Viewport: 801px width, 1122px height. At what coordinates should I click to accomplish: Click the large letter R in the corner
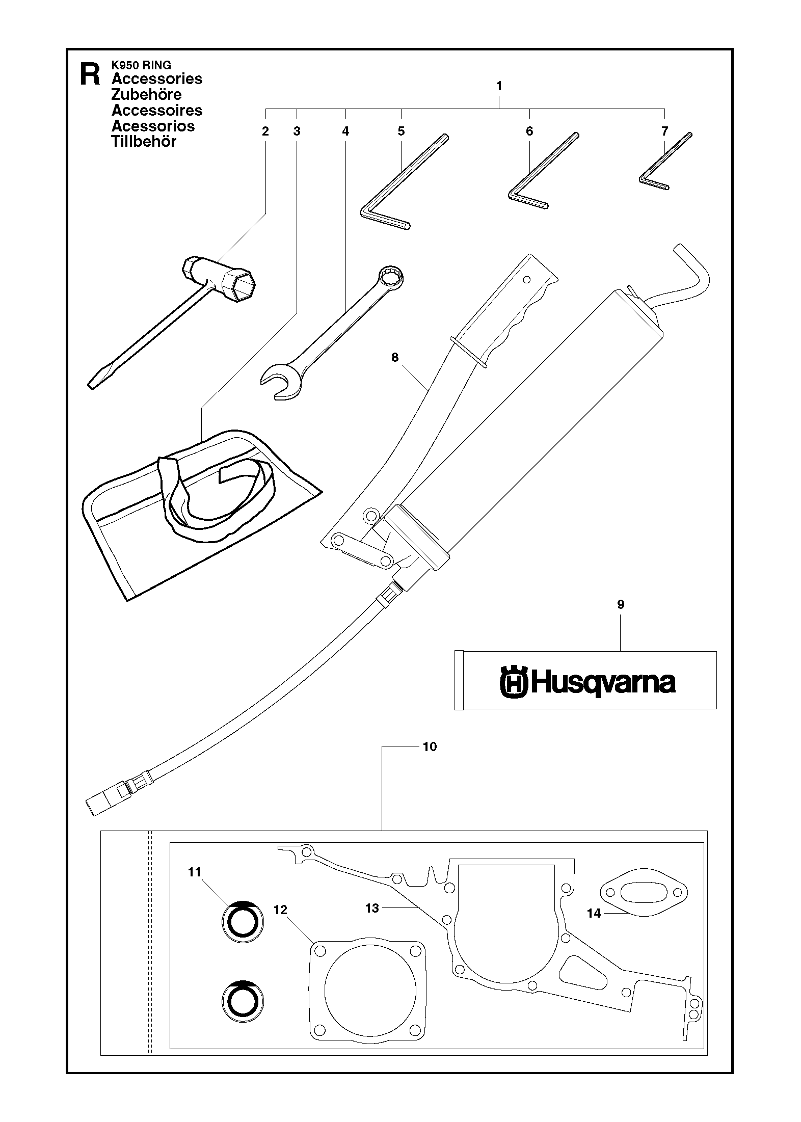tap(90, 75)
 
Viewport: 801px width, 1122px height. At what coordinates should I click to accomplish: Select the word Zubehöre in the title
tap(146, 94)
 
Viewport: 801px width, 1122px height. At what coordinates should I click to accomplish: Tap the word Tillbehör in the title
tap(144, 142)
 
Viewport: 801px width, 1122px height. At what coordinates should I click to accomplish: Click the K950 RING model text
tap(141, 65)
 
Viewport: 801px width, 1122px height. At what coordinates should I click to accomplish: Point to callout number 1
tap(499, 86)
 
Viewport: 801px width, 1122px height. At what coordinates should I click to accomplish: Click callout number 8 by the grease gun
tap(395, 358)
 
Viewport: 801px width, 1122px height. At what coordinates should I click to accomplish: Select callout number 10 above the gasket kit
tap(430, 746)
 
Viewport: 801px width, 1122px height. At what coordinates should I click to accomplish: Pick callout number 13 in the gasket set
tap(372, 907)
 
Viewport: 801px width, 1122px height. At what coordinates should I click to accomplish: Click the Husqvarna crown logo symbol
tap(513, 681)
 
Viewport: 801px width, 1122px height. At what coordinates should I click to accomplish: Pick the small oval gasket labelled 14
tap(645, 892)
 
